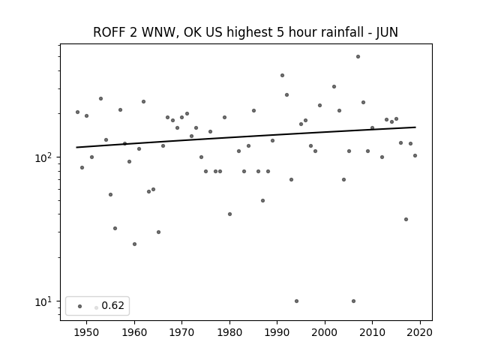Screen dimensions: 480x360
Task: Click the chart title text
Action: click(x=245, y=32)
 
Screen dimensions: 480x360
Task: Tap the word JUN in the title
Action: click(x=387, y=32)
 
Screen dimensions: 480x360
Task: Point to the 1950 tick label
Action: click(x=86, y=332)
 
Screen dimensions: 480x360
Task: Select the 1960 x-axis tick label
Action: click(x=134, y=332)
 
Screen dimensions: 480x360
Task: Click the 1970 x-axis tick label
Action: click(x=181, y=332)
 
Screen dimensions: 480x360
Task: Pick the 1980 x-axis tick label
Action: click(x=229, y=332)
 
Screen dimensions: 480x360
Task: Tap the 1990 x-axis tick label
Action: click(x=277, y=332)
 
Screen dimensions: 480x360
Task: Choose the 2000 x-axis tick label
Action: click(x=325, y=332)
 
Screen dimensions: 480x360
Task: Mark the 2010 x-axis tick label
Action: click(x=372, y=332)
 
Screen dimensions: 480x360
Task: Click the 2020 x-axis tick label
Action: click(x=420, y=332)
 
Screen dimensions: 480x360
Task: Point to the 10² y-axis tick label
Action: click(x=45, y=157)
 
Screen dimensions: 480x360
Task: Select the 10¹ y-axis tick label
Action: click(x=45, y=301)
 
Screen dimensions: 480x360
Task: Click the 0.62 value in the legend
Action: click(x=112, y=305)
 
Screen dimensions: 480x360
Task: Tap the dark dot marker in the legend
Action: click(x=80, y=306)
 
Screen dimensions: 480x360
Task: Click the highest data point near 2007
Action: click(x=358, y=57)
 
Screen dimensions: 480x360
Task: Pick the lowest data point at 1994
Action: click(x=296, y=301)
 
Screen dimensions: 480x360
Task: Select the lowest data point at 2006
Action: click(x=353, y=301)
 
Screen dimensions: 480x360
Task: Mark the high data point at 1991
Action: click(x=282, y=75)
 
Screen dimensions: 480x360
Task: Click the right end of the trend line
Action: click(x=415, y=127)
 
